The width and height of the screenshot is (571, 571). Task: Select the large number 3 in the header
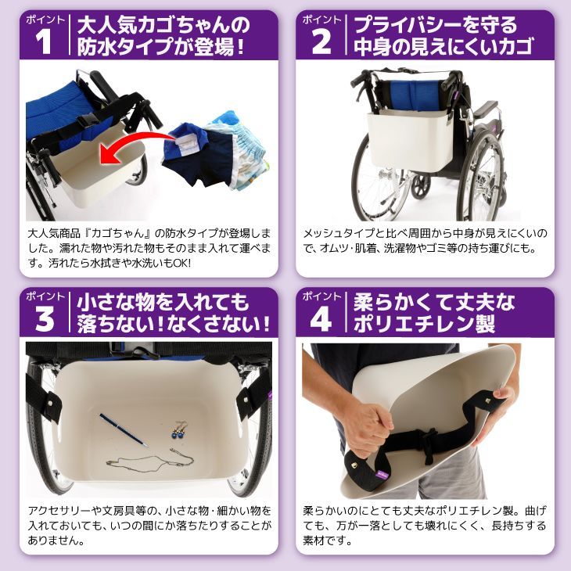(x=45, y=318)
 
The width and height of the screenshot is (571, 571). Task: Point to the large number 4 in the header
(x=321, y=318)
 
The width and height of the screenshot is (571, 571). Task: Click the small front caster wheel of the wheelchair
(x=421, y=185)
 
